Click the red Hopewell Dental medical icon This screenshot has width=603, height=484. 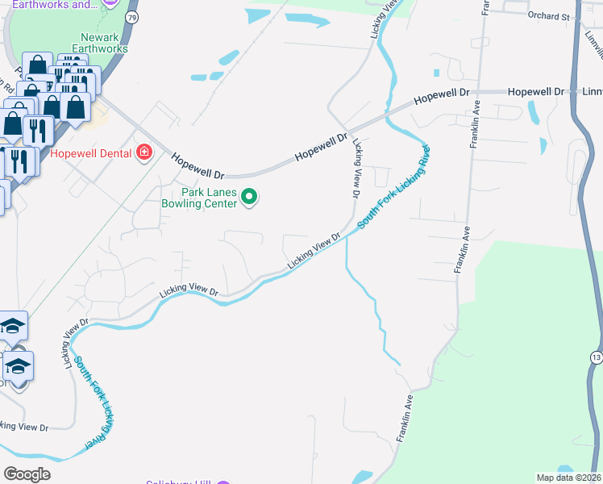pos(145,152)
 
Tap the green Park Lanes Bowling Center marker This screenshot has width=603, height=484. pos(250,196)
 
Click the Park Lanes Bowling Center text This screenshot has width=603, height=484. pos(210,198)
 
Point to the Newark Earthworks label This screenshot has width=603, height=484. pos(100,43)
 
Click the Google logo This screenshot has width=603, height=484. pos(27,474)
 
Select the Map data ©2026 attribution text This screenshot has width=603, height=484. pos(568,477)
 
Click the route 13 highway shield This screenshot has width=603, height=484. pos(596,357)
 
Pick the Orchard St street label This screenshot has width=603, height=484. pos(549,15)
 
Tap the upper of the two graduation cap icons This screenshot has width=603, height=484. pos(13,326)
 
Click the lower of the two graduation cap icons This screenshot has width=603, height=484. pos(18,366)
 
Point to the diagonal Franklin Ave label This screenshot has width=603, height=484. pos(405,418)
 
